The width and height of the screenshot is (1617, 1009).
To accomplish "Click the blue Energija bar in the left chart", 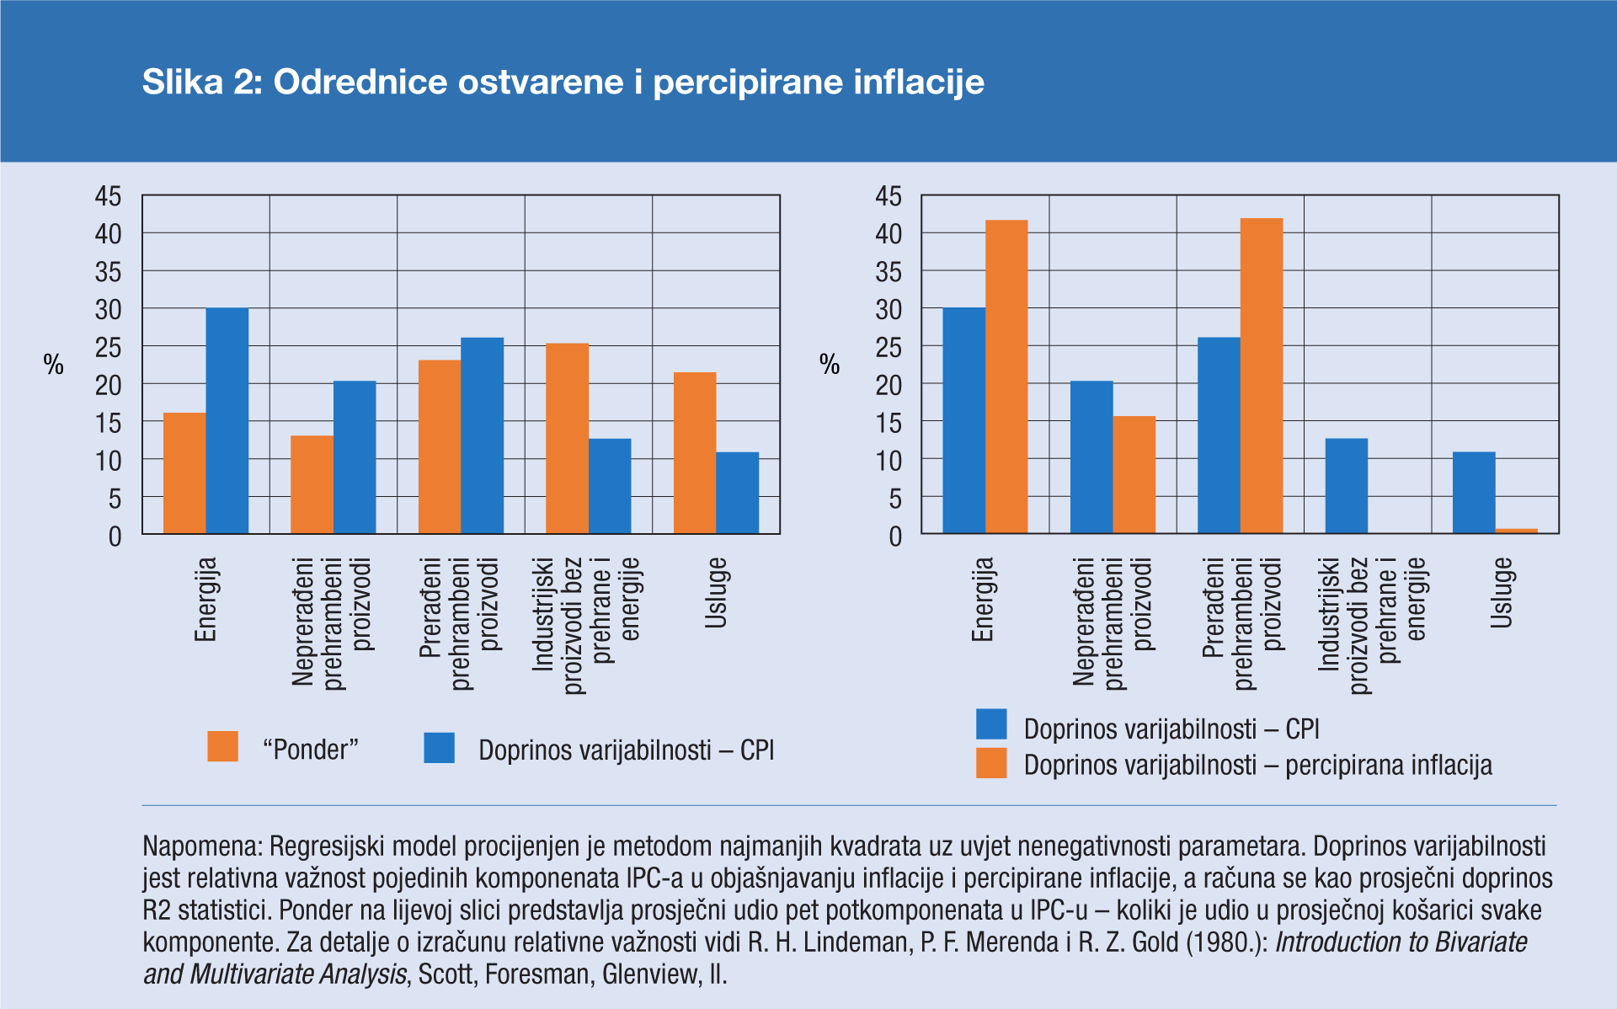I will pyautogui.click(x=227, y=421).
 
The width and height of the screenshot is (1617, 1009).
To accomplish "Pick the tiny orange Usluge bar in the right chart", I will pyautogui.click(x=1516, y=531).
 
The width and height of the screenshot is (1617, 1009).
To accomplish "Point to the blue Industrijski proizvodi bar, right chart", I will pyautogui.click(x=1346, y=486).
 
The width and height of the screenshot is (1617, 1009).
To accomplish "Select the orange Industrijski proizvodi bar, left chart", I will pyautogui.click(x=567, y=438).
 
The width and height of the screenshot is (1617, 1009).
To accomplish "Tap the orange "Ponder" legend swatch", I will pyautogui.click(x=222, y=747).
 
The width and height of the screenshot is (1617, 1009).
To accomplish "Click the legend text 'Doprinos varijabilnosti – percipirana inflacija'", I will pyautogui.click(x=1257, y=766).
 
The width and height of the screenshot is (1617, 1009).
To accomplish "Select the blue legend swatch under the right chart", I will pyautogui.click(x=991, y=725).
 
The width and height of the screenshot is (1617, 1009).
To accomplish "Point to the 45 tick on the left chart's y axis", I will pyautogui.click(x=109, y=196).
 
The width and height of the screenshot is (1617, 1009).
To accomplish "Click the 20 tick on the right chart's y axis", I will pyautogui.click(x=889, y=386).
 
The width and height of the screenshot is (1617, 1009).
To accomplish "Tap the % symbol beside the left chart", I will pyautogui.click(x=54, y=365).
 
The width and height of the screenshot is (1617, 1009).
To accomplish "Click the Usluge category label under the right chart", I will pyautogui.click(x=1502, y=593).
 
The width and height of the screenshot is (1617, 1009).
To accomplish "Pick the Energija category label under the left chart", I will pyautogui.click(x=206, y=600).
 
